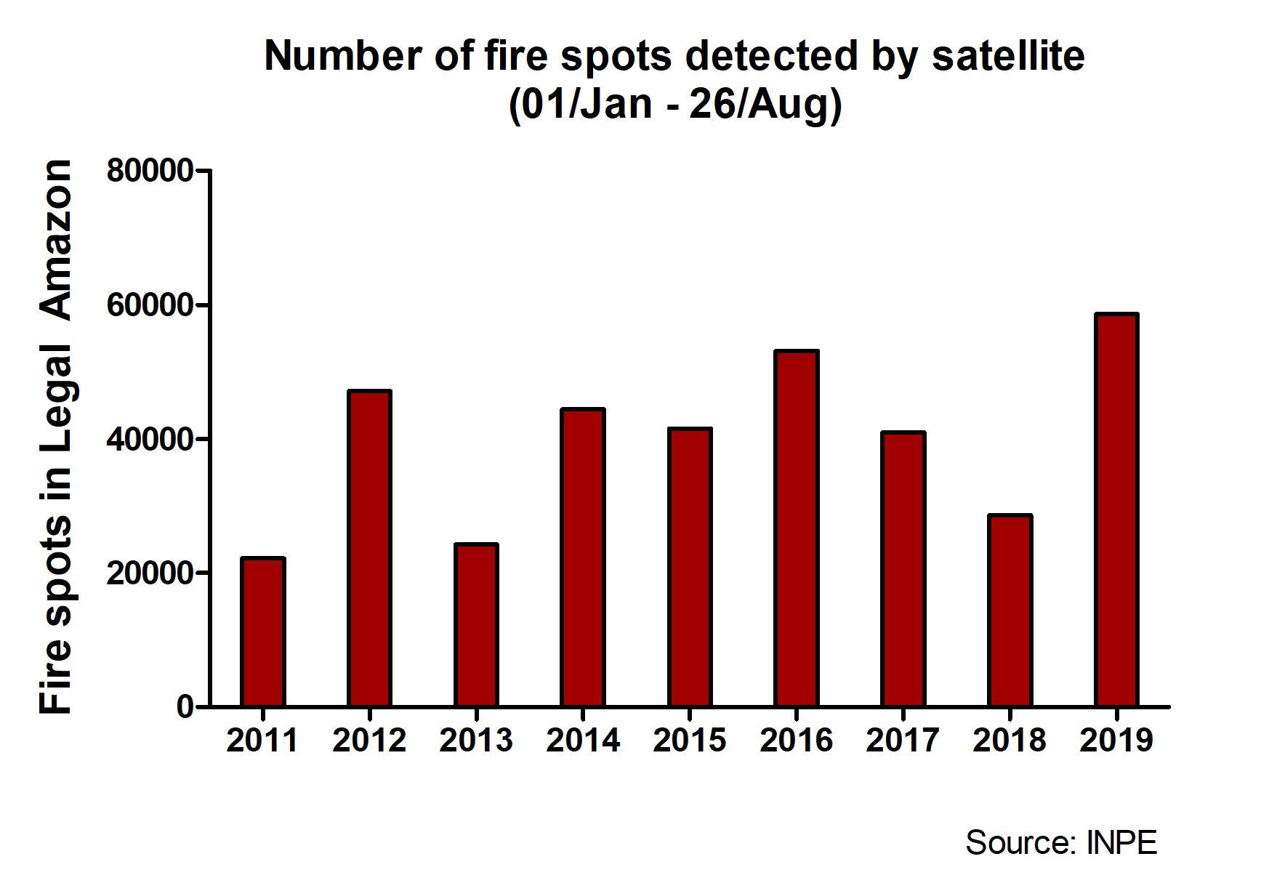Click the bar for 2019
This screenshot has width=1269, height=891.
(x=1116, y=509)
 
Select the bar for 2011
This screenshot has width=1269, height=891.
(x=262, y=632)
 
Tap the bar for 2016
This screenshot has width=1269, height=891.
(x=797, y=528)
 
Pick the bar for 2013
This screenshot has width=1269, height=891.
(x=476, y=624)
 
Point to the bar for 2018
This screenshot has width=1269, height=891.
(x=1010, y=610)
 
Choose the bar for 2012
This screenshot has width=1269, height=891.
(x=369, y=548)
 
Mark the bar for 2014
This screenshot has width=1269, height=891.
(x=583, y=557)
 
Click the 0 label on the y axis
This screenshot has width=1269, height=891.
(x=185, y=706)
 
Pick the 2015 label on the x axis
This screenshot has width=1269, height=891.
(x=689, y=741)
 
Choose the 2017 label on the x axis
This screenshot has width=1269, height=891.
(x=903, y=741)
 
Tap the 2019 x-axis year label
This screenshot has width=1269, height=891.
(x=1116, y=741)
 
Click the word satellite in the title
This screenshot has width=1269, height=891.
(x=1008, y=56)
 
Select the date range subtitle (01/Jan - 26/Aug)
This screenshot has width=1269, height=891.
(x=674, y=104)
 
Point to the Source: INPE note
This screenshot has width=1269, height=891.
(x=1060, y=842)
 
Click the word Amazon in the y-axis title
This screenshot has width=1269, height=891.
(x=56, y=240)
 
